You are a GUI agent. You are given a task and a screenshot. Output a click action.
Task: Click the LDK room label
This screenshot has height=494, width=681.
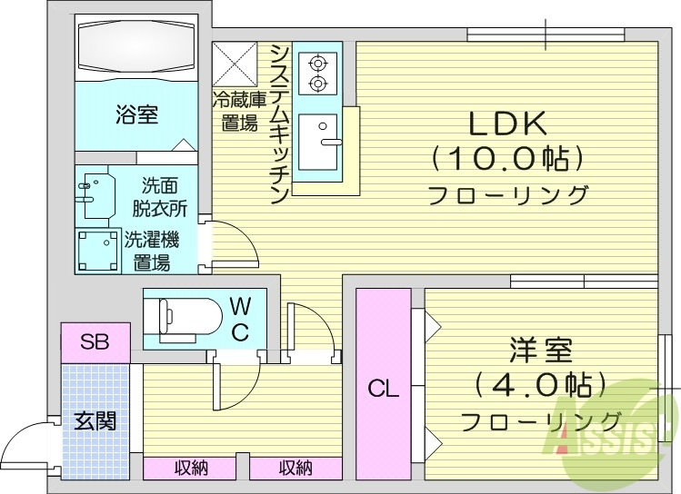click(x=506, y=123)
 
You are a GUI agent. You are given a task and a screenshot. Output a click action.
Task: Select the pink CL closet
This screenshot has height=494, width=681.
click(x=384, y=384)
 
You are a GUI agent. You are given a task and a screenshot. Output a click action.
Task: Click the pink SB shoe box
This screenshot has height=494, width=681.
click(x=95, y=341)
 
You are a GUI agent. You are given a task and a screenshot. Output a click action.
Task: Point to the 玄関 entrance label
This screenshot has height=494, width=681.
click(x=95, y=421)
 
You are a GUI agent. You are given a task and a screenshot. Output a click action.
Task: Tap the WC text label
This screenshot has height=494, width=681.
click(x=240, y=318)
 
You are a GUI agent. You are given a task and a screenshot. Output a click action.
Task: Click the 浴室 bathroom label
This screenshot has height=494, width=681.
click(x=137, y=114)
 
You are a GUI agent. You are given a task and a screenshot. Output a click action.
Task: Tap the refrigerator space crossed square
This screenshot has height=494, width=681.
click(x=235, y=63)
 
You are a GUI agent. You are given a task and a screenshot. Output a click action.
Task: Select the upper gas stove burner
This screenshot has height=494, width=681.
click(x=317, y=63)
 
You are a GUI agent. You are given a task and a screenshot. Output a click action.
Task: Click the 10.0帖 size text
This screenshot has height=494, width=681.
click(x=506, y=161)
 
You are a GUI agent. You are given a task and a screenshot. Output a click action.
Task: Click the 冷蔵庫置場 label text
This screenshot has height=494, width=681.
click(x=237, y=111)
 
